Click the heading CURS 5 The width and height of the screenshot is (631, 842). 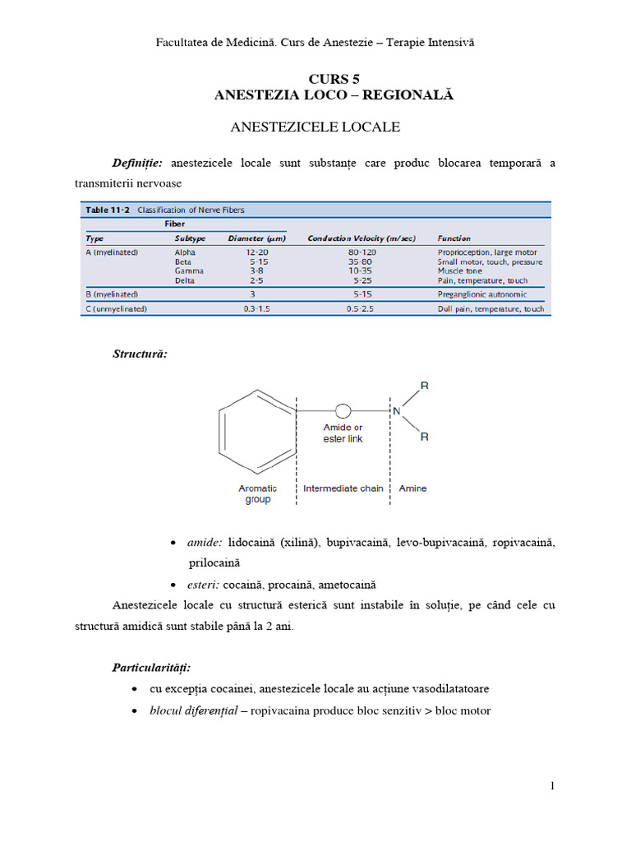click(334, 79)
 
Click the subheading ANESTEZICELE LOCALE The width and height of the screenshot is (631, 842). click(315, 127)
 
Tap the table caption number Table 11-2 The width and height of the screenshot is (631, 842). click(108, 210)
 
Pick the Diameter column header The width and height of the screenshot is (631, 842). click(256, 238)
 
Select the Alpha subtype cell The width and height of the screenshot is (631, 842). click(185, 252)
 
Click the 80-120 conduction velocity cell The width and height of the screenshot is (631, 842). click(362, 252)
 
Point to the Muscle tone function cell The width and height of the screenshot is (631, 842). click(464, 271)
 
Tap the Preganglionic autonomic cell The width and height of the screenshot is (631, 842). click(482, 294)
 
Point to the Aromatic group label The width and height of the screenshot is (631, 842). click(257, 493)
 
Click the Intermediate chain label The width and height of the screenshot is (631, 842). click(343, 488)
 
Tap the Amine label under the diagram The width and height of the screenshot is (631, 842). click(412, 488)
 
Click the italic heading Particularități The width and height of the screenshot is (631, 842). click(150, 667)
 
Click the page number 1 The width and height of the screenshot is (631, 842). click(552, 786)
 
